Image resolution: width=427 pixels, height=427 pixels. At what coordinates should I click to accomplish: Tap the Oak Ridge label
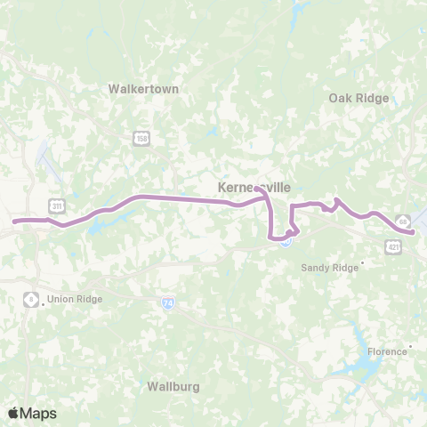[359, 98]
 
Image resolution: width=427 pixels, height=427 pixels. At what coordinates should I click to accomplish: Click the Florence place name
[387, 351]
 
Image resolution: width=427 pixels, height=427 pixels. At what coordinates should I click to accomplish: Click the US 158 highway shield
[141, 138]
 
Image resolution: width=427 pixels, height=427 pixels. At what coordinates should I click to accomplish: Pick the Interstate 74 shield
[167, 303]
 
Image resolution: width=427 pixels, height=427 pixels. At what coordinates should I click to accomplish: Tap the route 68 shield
[403, 220]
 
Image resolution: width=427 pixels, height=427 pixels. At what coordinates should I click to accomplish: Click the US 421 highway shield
[391, 246]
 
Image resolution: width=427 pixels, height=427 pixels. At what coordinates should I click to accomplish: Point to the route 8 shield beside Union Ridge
[31, 299]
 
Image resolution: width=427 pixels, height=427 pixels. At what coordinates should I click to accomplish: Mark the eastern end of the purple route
[414, 232]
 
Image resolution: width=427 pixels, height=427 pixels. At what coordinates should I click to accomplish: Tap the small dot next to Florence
[410, 347]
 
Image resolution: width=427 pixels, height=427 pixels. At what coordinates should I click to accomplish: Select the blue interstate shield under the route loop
[285, 239]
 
